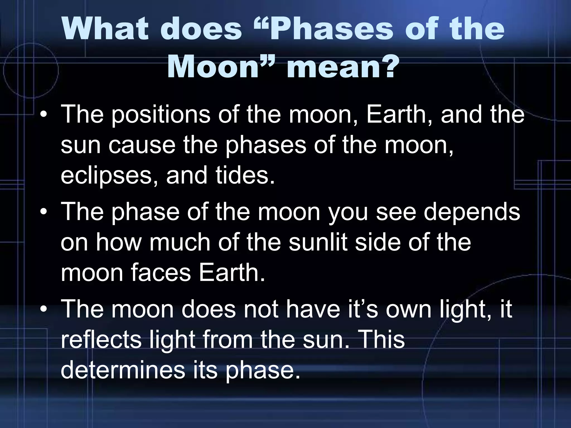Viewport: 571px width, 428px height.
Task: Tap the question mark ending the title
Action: click(384, 67)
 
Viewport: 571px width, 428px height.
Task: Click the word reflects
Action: click(101, 339)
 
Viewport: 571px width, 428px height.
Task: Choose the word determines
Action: click(123, 370)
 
